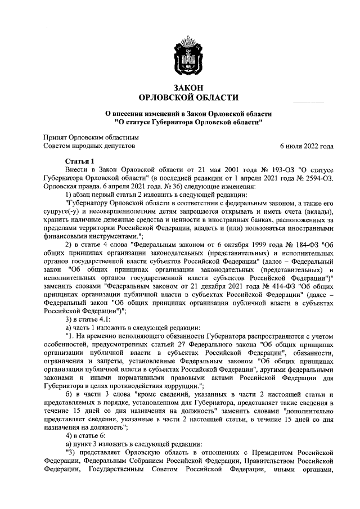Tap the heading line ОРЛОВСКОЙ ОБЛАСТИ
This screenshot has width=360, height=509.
coord(188,98)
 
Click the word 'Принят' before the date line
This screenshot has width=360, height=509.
coord(56,137)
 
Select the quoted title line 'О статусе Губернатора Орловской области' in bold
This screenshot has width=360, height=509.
coord(188,121)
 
